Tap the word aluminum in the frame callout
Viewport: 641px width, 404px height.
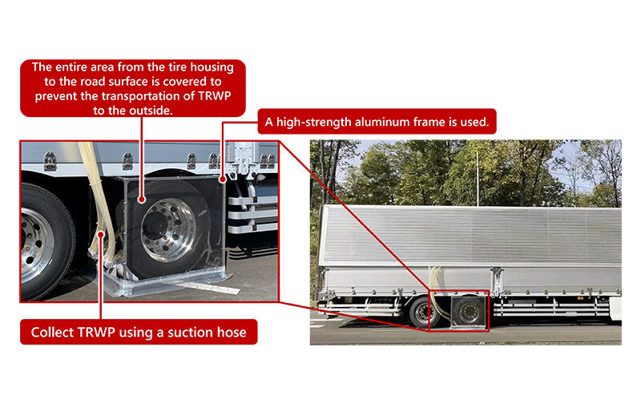point(382,124)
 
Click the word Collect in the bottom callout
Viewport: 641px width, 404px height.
point(57,332)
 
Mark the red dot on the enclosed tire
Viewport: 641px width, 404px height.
point(141,197)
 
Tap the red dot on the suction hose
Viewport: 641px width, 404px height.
point(100,234)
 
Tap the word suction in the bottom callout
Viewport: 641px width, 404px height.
point(187,332)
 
